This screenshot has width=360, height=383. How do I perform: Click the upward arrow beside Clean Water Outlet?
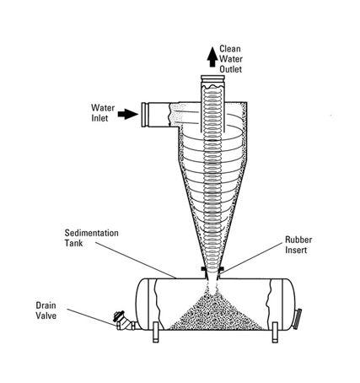point(212,57)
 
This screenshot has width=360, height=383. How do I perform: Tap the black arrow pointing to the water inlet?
point(128,114)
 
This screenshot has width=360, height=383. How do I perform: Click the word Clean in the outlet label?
point(230,49)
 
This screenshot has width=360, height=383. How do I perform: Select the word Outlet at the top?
point(231,69)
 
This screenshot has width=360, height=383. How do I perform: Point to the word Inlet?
point(99,118)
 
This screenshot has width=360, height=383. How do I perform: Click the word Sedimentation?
point(92,233)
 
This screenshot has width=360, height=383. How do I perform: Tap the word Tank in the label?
point(73,243)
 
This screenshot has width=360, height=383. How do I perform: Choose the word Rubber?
point(298,240)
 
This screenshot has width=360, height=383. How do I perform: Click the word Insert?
point(296,250)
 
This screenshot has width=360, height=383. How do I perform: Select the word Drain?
point(46,305)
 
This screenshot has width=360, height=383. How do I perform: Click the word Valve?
point(46,316)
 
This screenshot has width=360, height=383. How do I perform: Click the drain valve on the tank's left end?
point(125,321)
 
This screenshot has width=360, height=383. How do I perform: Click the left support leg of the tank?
point(156,332)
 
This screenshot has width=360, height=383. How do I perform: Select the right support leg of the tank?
point(275,332)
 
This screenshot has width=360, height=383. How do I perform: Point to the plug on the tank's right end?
point(297,319)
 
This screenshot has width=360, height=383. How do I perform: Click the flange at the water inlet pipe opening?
point(145,115)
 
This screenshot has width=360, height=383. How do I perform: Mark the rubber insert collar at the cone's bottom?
point(212,269)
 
